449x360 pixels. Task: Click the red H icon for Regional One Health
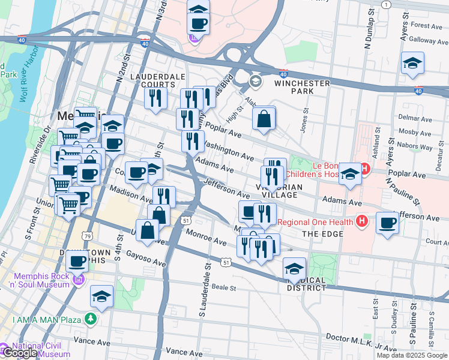point(361,222)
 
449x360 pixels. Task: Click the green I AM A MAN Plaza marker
point(91,318)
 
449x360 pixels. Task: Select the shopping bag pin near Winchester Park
point(264,119)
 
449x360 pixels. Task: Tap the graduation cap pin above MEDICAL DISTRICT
point(294,269)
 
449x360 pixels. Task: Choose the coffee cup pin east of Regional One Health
point(387,224)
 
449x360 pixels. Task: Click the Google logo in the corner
point(19,353)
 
